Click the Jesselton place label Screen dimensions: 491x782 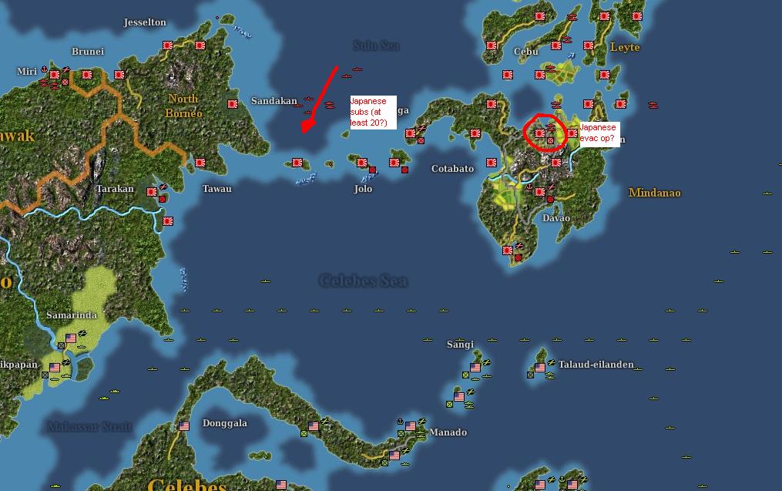(x=145, y=22)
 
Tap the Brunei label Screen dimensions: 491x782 (x=87, y=52)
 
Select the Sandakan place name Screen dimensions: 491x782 (x=274, y=101)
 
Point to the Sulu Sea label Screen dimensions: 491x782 (x=376, y=45)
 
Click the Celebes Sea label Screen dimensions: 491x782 (x=363, y=281)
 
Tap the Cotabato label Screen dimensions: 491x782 (x=452, y=169)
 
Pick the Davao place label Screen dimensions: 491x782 (x=555, y=218)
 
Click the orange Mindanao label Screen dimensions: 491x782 (x=654, y=193)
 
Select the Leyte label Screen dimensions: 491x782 (x=625, y=47)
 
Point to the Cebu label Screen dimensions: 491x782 (x=526, y=52)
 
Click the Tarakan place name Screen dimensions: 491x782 (x=115, y=189)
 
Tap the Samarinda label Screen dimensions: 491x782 (x=72, y=316)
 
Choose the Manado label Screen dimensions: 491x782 (x=448, y=432)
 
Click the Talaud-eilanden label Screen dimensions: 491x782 (x=596, y=365)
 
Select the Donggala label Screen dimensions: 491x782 (x=224, y=423)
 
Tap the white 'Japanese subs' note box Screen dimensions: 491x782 (x=372, y=113)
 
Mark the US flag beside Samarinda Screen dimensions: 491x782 (x=72, y=338)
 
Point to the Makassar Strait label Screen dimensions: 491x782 (x=89, y=426)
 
